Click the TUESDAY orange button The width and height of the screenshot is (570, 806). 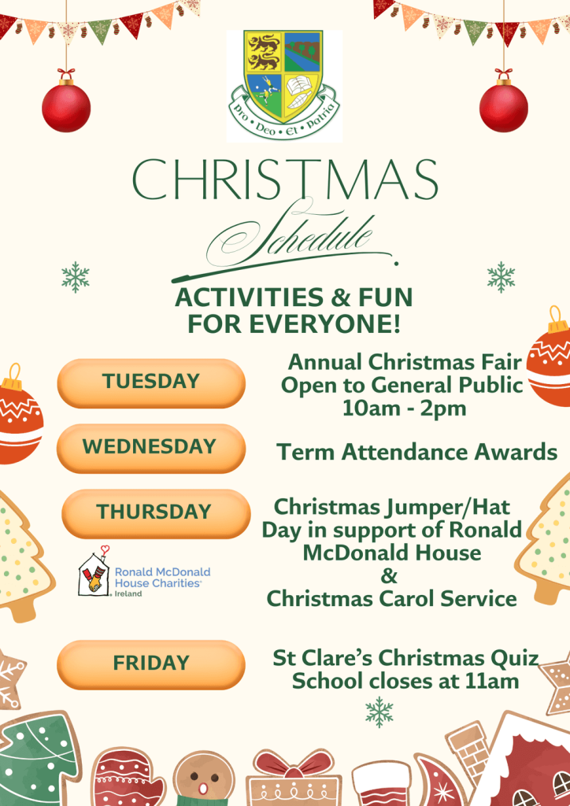point(151,383)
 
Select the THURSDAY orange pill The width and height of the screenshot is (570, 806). point(156,513)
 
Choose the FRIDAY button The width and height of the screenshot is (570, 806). point(151,664)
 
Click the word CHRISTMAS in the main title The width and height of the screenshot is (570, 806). point(285,179)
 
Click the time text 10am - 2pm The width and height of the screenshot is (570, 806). point(405,409)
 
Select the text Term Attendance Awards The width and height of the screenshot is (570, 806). point(416,453)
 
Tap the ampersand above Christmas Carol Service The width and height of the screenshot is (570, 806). point(389,575)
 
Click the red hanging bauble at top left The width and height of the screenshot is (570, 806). point(66,106)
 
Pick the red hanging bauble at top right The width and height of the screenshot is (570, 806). point(504,106)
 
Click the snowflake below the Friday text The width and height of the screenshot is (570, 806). point(379,712)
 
